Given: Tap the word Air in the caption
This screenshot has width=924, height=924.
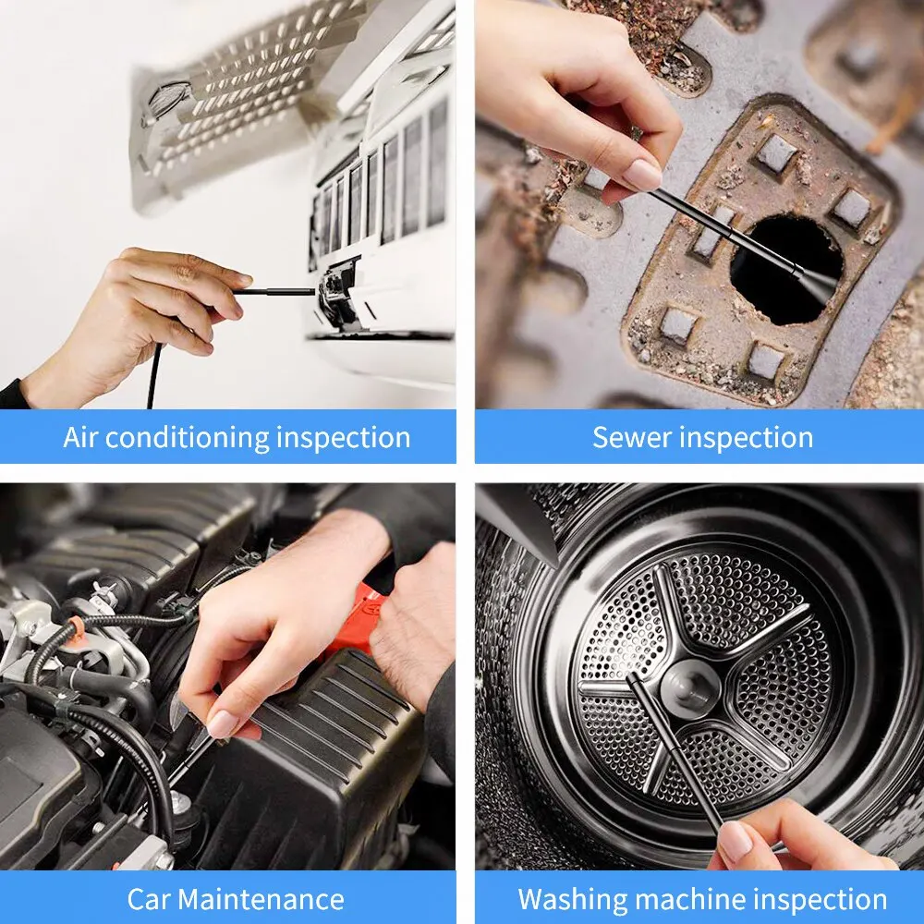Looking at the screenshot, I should point(80,437).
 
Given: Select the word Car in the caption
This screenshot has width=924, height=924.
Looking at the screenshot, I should point(149,899).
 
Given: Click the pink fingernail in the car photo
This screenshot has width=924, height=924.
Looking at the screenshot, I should point(222,723).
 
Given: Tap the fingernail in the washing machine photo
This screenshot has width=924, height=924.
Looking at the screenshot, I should point(736,842).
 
